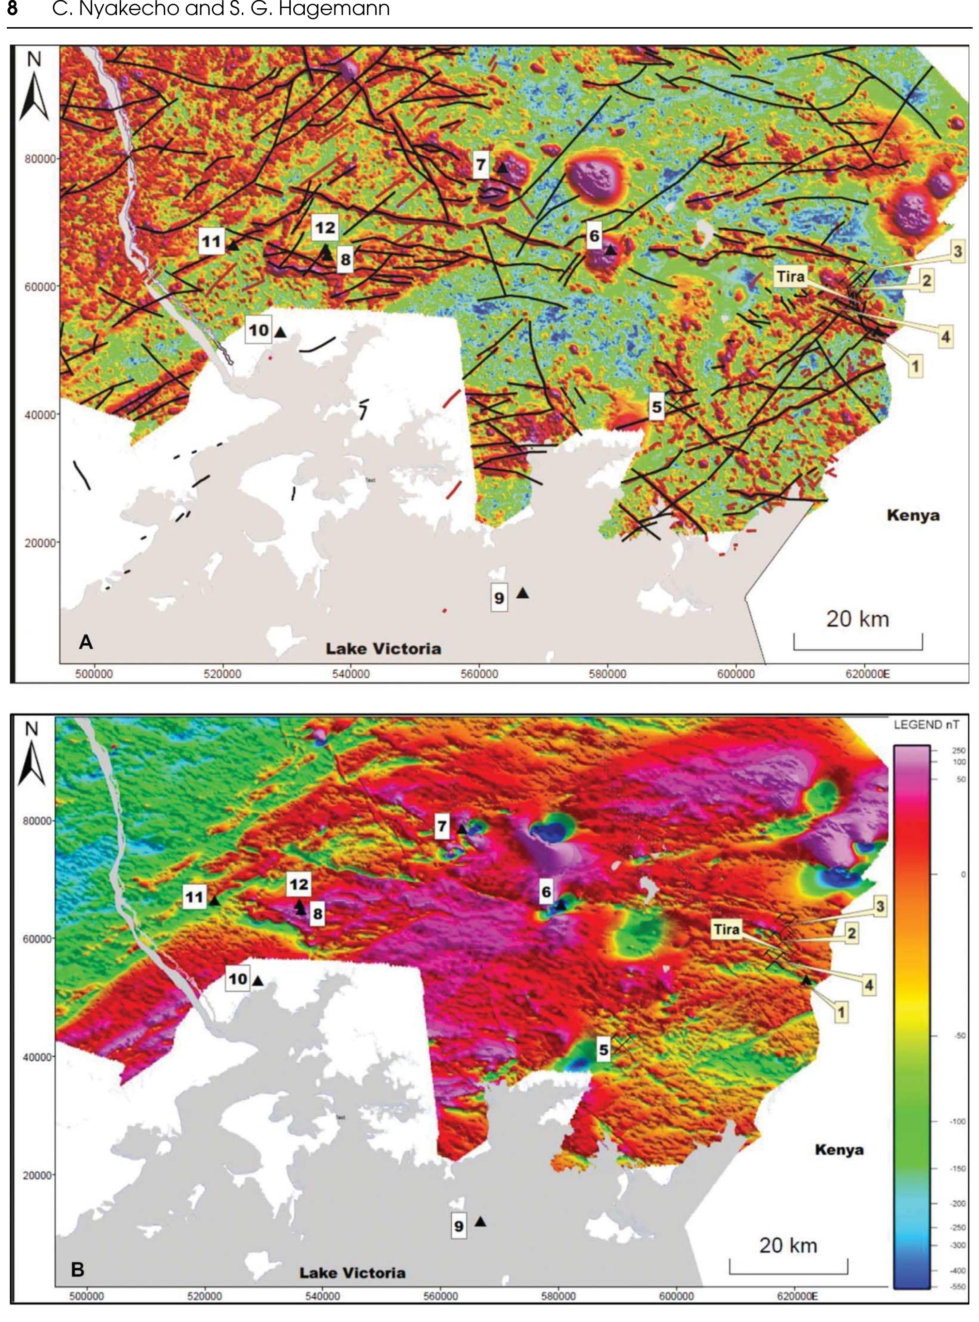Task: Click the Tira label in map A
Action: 790,277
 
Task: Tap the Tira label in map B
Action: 726,929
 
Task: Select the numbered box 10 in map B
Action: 237,979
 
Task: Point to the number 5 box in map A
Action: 656,407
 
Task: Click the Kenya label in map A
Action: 913,515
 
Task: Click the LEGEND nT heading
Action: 926,724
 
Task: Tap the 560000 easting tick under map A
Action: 479,674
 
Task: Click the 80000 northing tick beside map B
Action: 36,821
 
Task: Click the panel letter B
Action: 78,1270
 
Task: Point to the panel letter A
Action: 86,642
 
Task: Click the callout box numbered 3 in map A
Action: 958,251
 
